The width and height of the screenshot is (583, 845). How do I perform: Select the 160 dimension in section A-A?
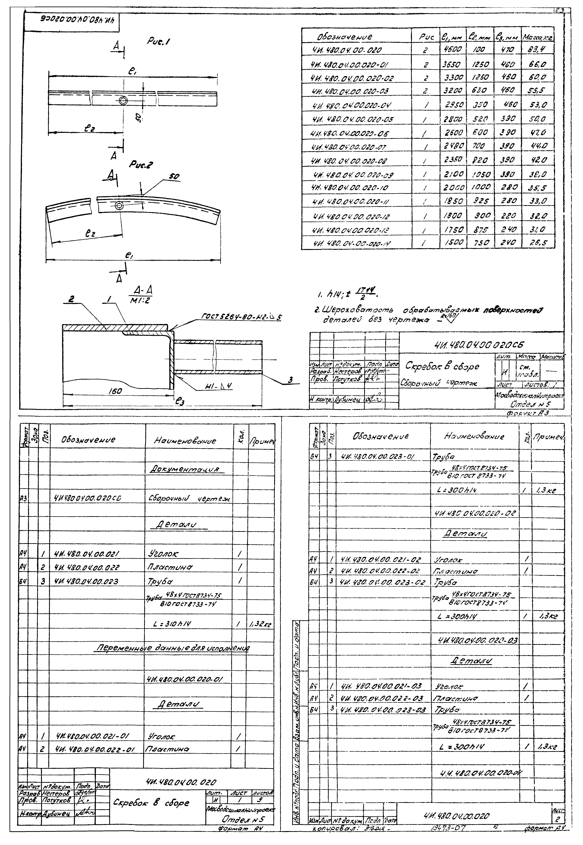click(x=115, y=391)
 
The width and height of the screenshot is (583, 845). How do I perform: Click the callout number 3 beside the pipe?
click(x=291, y=380)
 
